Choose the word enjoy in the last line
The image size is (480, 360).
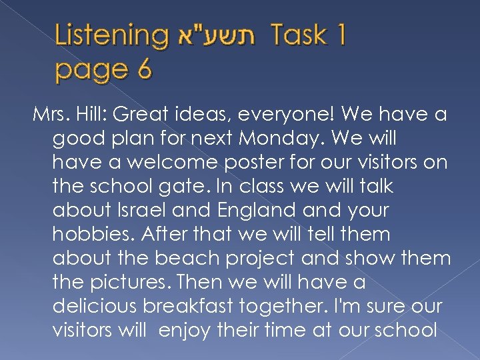[185, 330]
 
